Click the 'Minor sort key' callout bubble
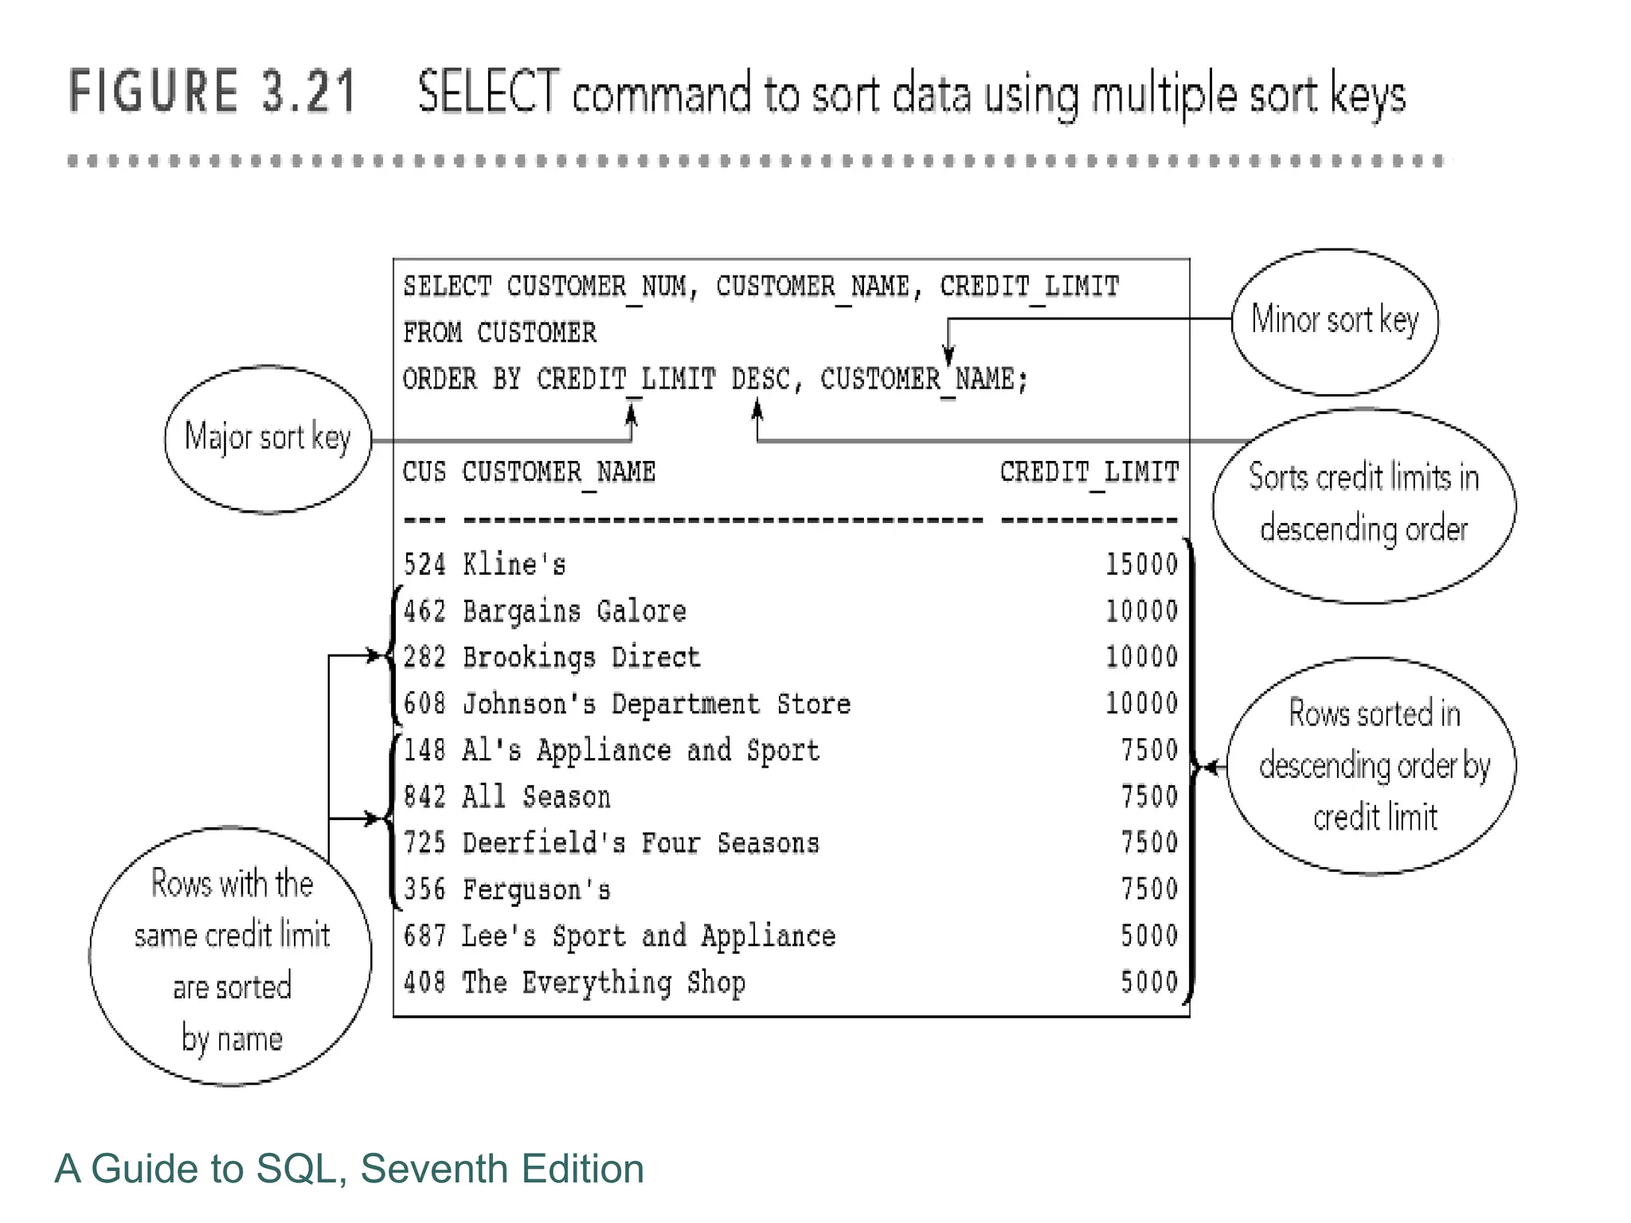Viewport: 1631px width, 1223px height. pyautogui.click(x=1335, y=321)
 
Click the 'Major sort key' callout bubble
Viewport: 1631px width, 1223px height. pyautogui.click(x=268, y=439)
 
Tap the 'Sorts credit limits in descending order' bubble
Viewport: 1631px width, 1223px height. pyautogui.click(x=1363, y=505)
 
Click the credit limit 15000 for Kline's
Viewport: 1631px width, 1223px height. pyautogui.click(x=1140, y=565)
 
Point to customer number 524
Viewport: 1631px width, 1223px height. pyautogui.click(x=424, y=565)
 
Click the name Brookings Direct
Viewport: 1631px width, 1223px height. pyautogui.click(x=581, y=658)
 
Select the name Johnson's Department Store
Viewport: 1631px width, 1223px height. pyautogui.click(x=656, y=704)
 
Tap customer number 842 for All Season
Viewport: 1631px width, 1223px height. pyautogui.click(x=424, y=797)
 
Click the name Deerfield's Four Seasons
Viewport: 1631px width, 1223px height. pyautogui.click(x=640, y=843)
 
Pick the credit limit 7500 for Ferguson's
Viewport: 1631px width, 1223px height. pyautogui.click(x=1148, y=889)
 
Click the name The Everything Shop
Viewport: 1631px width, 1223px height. pyautogui.click(x=604, y=983)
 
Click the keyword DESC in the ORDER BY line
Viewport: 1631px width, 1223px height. pyautogui.click(x=760, y=379)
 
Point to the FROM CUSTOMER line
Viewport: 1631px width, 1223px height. pyautogui.click(x=499, y=333)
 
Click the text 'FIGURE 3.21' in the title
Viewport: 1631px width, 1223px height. pyautogui.click(x=212, y=92)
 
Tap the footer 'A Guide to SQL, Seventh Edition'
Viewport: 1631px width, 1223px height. pyautogui.click(x=349, y=1169)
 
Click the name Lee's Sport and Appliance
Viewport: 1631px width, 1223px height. pyautogui.click(x=648, y=936)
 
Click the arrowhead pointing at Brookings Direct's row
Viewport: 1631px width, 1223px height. pyautogui.click(x=374, y=655)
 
